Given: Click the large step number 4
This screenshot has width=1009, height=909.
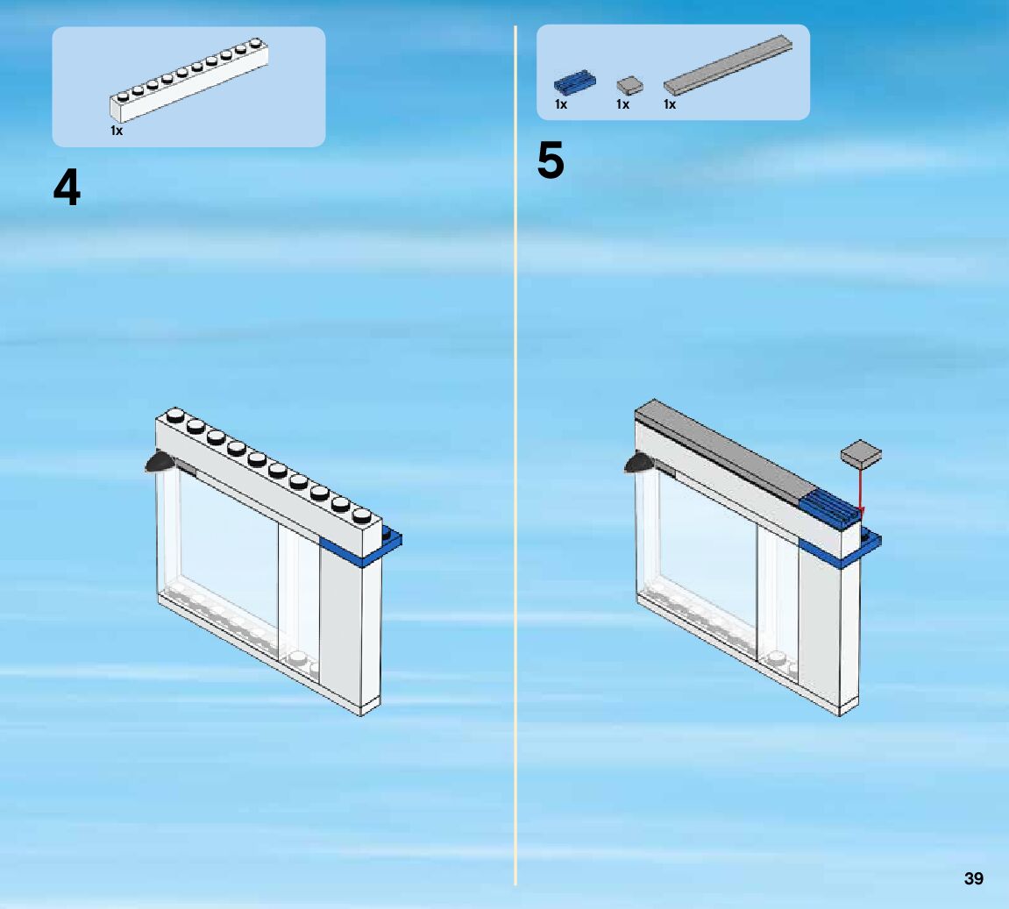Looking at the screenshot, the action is [x=67, y=188].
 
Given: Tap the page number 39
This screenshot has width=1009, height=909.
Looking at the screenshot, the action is [x=973, y=878].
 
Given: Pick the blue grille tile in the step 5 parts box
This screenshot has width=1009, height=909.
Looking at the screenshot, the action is [x=574, y=83].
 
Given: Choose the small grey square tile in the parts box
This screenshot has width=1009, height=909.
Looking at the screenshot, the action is [x=629, y=85].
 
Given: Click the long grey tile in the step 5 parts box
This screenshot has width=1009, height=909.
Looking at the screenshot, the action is [x=728, y=66].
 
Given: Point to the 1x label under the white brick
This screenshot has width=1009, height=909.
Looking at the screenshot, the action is [x=117, y=131].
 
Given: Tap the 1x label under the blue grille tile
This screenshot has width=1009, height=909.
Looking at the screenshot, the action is [x=561, y=105].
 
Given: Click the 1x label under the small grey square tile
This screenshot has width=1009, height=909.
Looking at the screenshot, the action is [x=622, y=105].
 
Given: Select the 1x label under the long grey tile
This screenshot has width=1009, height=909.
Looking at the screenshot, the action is [x=670, y=105].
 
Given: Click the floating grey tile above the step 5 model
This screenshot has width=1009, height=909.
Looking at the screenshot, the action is [x=861, y=454].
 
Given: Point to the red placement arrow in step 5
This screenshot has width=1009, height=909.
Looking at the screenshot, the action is [x=861, y=491].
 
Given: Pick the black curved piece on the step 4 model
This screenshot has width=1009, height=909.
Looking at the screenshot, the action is [x=159, y=464].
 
